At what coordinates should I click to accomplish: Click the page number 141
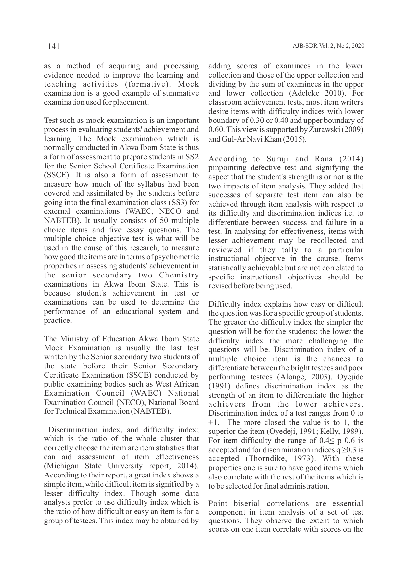[x=54, y=46]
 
